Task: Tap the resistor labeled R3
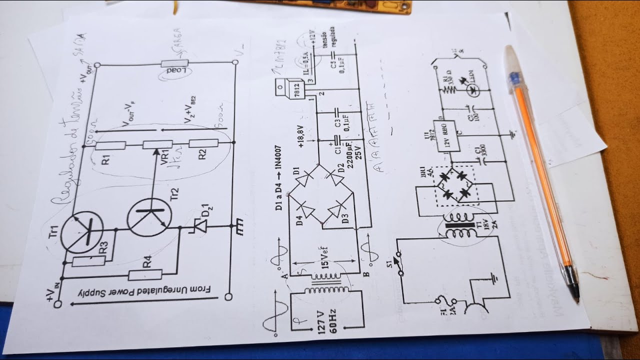pos(88,260)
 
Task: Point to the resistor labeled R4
pos(145,274)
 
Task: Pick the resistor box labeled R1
pos(110,146)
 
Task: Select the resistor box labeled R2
pos(203,144)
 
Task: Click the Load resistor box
pos(174,63)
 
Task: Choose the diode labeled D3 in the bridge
pos(340,208)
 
